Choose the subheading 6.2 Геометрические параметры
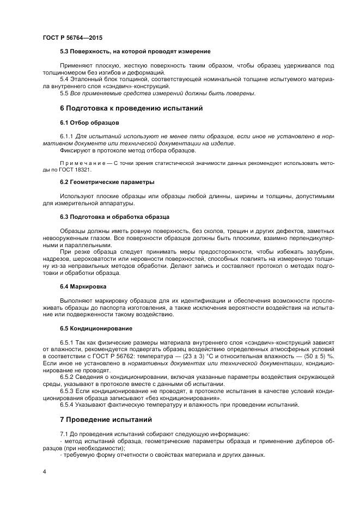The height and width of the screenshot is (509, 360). click(107, 181)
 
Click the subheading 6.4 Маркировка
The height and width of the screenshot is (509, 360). click(83, 286)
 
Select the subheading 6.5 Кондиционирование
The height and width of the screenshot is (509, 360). click(96, 328)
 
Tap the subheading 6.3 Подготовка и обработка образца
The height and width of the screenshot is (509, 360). click(114, 216)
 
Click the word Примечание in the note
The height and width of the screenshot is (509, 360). click(82, 163)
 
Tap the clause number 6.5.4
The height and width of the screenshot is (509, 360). click(69, 404)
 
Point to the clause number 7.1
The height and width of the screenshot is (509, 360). click(64, 433)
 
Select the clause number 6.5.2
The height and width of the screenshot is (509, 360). click(69, 376)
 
